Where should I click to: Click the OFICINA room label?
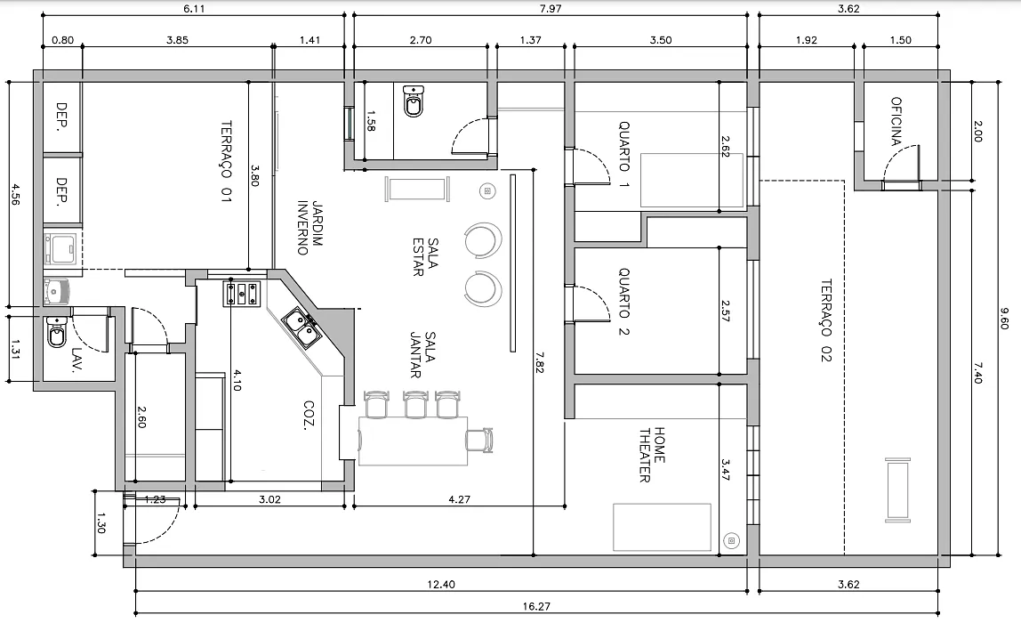point(896,121)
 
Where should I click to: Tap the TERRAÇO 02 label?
point(826,320)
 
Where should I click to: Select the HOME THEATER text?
point(652,455)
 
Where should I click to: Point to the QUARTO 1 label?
point(623,155)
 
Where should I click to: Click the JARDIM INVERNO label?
point(310,227)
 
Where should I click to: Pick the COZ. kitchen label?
point(310,415)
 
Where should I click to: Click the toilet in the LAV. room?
point(57,333)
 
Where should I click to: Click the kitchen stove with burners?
point(242,293)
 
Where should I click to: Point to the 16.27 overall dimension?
point(536,606)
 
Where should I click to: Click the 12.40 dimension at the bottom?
point(441,584)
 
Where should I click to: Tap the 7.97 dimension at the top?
point(551,9)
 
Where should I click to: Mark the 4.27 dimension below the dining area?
point(459,499)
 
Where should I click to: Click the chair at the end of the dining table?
point(479,440)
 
